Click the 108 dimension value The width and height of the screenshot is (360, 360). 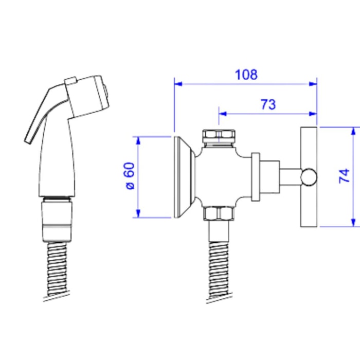point(246,75)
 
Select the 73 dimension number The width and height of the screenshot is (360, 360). point(268,104)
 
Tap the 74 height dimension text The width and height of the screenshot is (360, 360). point(345,176)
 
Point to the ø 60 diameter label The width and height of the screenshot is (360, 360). point(130,176)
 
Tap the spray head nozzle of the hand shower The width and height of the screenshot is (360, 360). point(87,97)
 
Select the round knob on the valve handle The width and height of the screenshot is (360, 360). point(309,177)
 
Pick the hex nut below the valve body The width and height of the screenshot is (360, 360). point(219,213)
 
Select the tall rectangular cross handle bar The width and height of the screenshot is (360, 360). point(309,177)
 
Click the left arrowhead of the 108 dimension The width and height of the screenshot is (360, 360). point(178,84)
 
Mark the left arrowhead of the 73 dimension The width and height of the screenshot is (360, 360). point(223,114)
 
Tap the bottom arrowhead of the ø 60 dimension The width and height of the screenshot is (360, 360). point(138,213)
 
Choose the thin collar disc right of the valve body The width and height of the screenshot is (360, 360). point(256,177)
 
